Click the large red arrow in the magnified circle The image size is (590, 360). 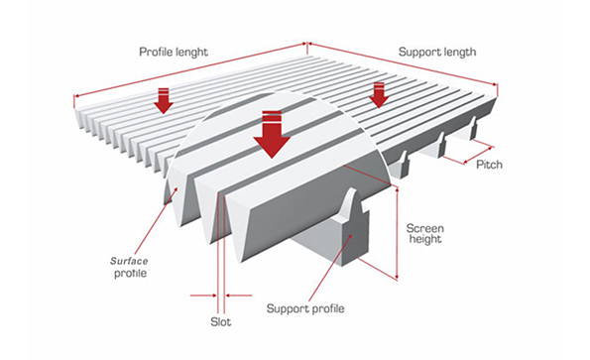271,136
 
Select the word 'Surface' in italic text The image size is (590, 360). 128,259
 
